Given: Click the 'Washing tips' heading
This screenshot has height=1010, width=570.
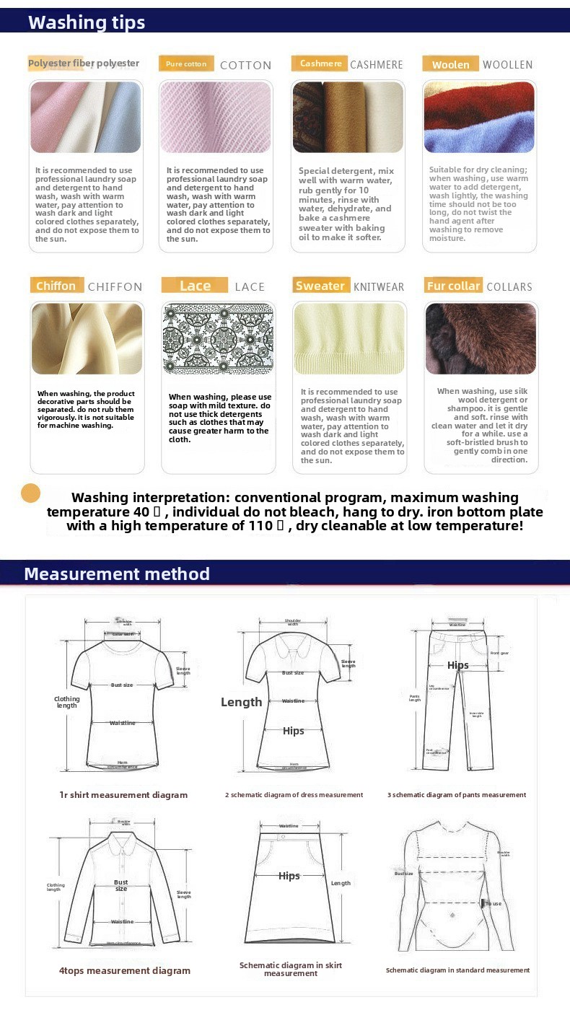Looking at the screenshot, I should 87,22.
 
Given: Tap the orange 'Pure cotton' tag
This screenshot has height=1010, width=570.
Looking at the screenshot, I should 186,64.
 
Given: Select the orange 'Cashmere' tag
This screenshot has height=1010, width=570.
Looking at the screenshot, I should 320,63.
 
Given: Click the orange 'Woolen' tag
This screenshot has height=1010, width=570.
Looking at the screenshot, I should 450,65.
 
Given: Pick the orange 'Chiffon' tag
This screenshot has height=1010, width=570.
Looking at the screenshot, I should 56,286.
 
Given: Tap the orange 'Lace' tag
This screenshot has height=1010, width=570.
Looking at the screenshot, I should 195,286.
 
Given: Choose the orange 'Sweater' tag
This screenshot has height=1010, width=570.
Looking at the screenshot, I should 320,286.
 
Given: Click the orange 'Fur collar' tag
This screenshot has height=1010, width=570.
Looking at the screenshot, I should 453,286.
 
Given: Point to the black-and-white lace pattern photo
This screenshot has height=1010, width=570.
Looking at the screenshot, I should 217,338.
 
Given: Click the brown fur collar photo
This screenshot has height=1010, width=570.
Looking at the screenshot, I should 480,338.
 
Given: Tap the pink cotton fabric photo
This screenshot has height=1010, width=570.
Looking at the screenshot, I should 216,117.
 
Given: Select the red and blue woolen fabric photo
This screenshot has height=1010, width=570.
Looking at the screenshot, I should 479,117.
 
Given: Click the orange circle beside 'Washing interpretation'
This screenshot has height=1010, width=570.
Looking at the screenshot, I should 31,493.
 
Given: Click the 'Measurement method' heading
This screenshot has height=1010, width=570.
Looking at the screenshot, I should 117,574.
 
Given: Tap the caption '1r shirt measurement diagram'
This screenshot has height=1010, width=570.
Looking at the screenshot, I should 123,795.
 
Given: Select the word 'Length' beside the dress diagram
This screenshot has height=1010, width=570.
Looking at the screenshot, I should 242,702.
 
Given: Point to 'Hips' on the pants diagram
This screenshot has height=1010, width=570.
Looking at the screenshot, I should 458,665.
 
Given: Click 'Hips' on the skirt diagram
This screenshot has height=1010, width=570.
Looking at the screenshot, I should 289,876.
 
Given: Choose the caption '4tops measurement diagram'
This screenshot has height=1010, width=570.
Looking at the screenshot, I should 125,971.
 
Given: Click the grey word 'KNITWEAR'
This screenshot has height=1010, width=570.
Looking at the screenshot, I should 379,287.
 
